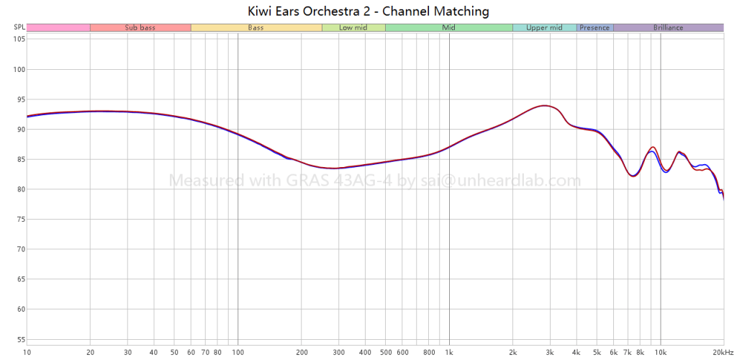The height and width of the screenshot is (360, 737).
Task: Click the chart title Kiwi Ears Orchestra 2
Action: (x=368, y=11)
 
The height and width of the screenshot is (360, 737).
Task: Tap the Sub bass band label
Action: (x=140, y=27)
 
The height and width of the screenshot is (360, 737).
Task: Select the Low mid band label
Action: (x=353, y=27)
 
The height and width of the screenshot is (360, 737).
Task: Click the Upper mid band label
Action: (x=544, y=27)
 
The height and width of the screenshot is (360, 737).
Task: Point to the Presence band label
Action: (x=594, y=27)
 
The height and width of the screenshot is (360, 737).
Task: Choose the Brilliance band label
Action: (x=668, y=27)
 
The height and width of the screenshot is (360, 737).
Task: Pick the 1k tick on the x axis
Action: (x=449, y=352)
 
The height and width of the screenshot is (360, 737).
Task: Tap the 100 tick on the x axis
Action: (x=238, y=352)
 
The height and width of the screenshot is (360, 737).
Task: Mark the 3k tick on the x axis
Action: (x=550, y=352)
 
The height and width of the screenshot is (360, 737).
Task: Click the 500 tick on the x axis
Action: (x=385, y=352)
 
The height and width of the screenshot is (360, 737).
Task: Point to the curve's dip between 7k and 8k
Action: (x=633, y=175)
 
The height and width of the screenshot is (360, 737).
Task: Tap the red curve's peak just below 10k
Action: (x=652, y=147)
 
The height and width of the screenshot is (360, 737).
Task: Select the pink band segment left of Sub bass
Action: (x=58, y=27)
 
